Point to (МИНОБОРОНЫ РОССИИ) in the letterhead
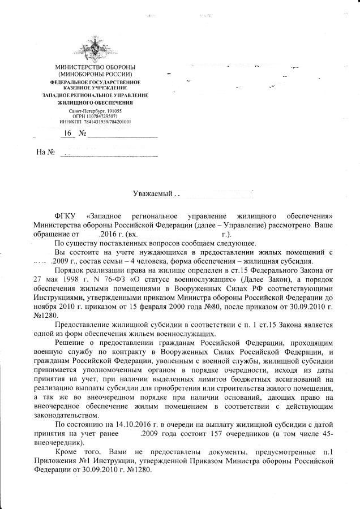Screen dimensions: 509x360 pos(95,75)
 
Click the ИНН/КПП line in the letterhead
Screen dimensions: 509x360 pos(95,122)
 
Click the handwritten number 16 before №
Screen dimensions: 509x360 pos(68,134)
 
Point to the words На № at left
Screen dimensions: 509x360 pos(45,152)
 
